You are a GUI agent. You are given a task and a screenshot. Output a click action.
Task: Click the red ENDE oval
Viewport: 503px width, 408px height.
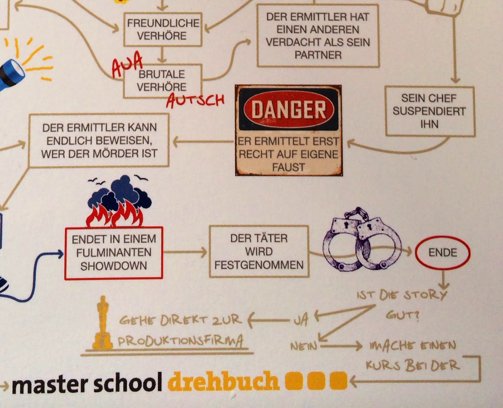click(443, 253)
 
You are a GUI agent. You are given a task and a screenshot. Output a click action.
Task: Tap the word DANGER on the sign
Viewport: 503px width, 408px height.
click(289, 110)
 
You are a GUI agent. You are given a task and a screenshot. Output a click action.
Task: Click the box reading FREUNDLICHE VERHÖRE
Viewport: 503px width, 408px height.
click(163, 29)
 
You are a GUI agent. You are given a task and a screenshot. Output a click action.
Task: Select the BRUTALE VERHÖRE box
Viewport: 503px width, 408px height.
click(162, 80)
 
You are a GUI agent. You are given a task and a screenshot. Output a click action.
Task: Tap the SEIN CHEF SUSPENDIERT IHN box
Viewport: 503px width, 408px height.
click(429, 111)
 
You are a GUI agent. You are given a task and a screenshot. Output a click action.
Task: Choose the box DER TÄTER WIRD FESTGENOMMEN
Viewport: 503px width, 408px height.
click(259, 251)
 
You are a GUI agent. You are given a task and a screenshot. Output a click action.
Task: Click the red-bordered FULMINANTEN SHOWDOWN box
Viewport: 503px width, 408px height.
click(113, 253)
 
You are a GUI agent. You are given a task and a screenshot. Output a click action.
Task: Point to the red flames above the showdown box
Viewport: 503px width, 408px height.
click(115, 215)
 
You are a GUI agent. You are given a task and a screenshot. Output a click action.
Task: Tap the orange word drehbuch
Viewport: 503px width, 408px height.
click(223, 381)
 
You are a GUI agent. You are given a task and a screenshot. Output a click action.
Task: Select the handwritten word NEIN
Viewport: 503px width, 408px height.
click(303, 346)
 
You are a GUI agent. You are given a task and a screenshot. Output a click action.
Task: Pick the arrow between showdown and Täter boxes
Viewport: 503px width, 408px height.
click(185, 252)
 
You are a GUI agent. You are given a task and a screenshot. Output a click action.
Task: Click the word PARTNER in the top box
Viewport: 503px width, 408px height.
click(318, 55)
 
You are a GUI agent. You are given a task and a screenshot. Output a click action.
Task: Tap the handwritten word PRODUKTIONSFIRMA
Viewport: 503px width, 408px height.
click(180, 341)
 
